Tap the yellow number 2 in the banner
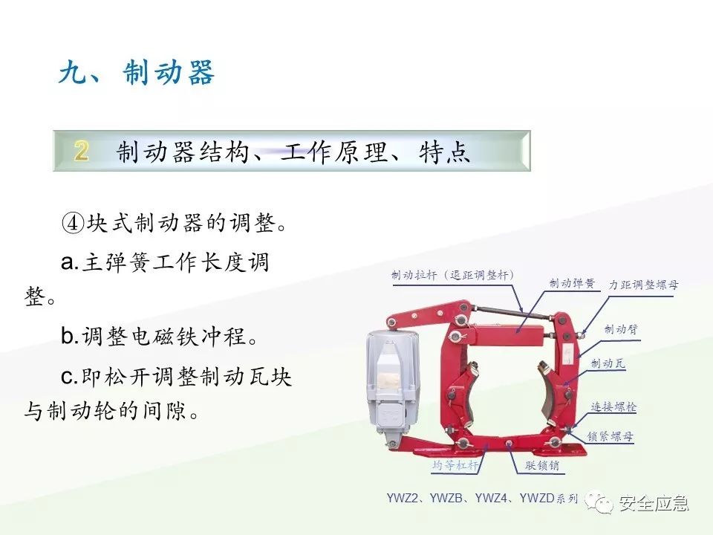(82, 152)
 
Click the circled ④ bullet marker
(74, 223)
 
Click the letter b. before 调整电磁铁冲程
(70, 337)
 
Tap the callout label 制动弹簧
(572, 283)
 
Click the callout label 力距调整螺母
(643, 285)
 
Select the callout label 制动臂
(621, 328)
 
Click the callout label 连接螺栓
(613, 407)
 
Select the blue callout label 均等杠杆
(455, 466)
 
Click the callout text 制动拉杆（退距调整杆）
(453, 275)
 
